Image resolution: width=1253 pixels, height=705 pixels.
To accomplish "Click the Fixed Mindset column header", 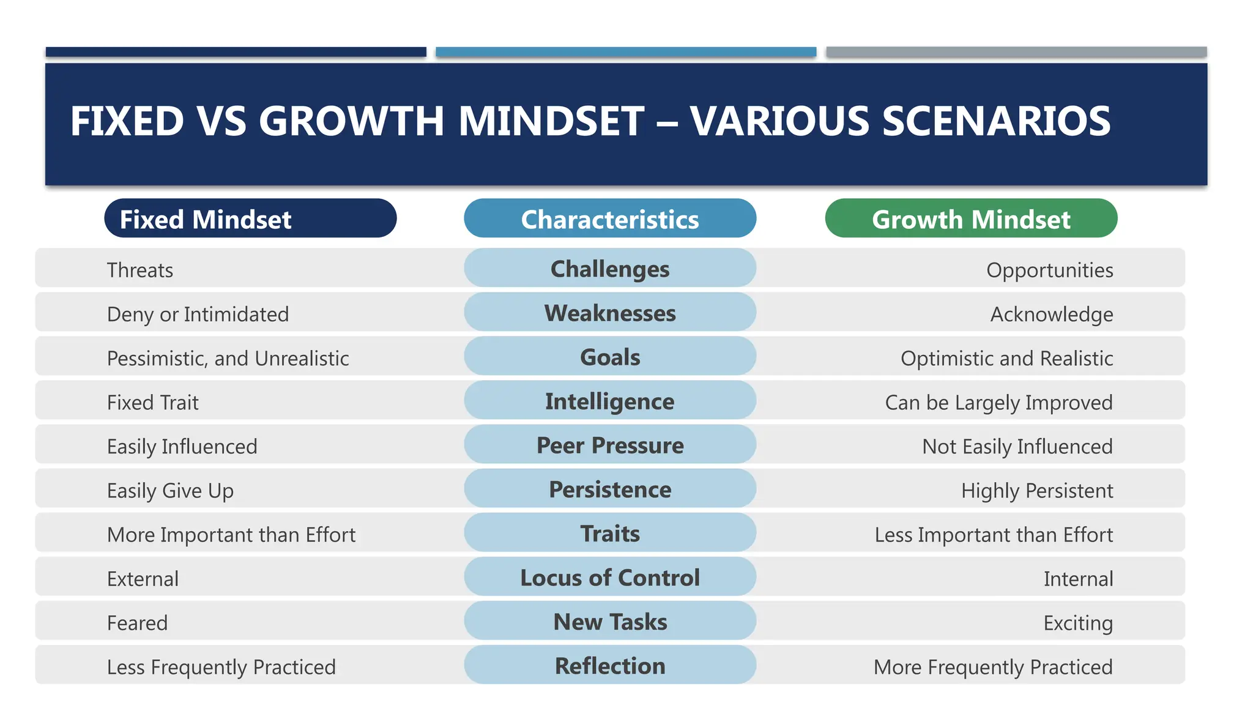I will tap(250, 218).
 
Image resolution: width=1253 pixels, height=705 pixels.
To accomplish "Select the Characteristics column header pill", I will tap(609, 218).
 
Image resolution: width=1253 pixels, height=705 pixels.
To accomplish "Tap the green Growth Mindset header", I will tap(971, 218).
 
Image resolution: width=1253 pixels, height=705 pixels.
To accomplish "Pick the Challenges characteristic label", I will tap(609, 269).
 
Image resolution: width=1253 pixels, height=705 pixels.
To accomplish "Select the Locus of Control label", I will tap(609, 577).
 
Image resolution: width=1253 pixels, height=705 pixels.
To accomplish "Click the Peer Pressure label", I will tap(609, 445).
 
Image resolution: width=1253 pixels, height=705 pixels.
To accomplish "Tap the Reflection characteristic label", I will tap(609, 665).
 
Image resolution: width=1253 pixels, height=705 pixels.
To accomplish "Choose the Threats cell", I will tap(140, 270).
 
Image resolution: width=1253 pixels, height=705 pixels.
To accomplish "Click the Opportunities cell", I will tap(1049, 270).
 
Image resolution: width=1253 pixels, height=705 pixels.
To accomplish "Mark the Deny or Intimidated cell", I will tap(198, 314).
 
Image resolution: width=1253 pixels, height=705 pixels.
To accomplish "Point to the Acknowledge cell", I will tap(1051, 314).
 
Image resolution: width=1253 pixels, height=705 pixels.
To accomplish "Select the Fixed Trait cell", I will tap(153, 402).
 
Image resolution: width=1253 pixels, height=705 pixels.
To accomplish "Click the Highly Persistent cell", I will tap(1036, 490).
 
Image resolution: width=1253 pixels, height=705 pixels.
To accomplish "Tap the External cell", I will tap(143, 578).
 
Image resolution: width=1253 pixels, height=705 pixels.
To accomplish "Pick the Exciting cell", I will tap(1077, 622).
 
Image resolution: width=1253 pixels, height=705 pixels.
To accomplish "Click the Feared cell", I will tap(137, 622).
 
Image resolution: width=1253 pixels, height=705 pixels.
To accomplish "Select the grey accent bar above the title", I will tap(1016, 52).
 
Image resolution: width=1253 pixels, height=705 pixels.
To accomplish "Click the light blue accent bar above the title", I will tap(625, 52).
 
